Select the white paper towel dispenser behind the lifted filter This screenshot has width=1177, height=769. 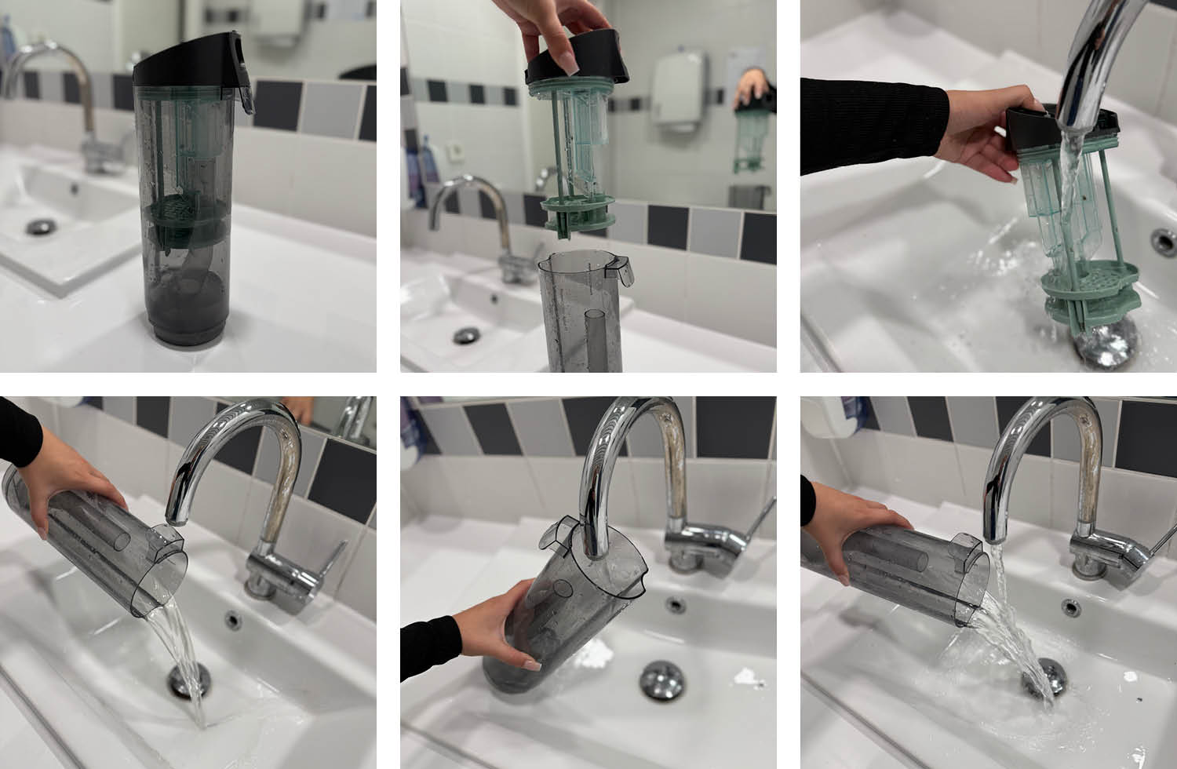pos(680,90)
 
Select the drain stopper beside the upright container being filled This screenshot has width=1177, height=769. pos(661,679)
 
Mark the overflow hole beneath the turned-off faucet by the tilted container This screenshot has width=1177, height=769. pos(232,620)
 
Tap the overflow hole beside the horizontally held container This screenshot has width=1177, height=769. pos(1070,606)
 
